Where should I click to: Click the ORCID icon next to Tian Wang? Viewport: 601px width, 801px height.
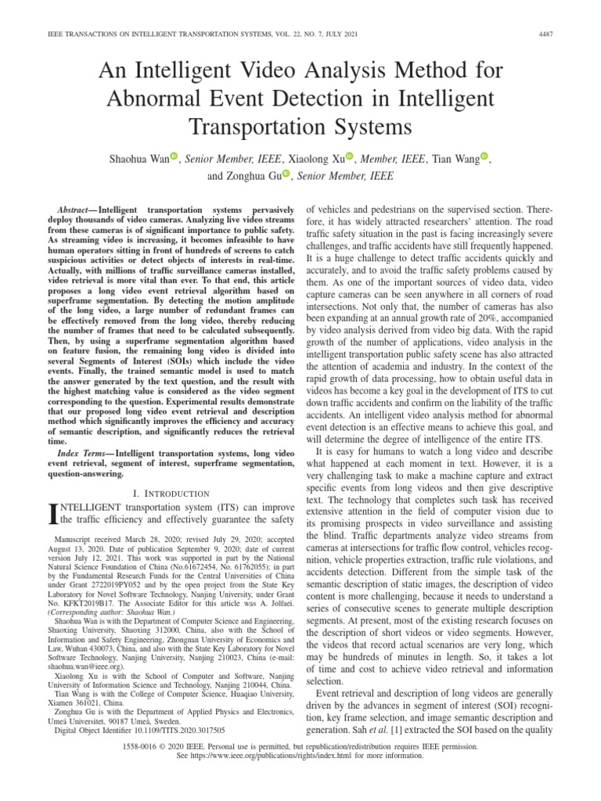click(484, 157)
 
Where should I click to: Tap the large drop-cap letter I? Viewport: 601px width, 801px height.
click(53, 515)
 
